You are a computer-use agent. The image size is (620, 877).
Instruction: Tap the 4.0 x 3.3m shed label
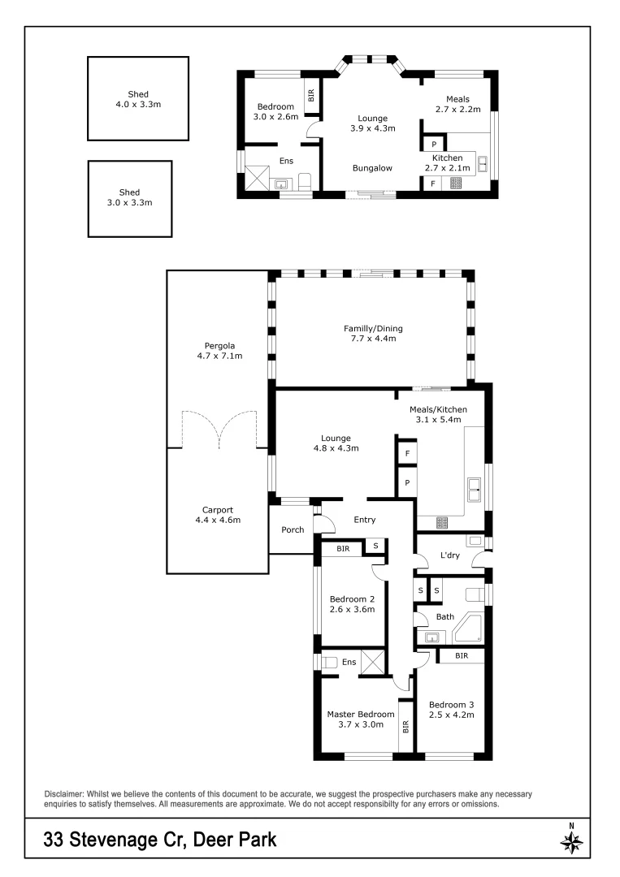coord(138,99)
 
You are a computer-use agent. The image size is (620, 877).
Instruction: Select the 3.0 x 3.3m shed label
coord(130,197)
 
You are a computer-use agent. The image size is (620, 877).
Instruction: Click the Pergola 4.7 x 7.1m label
coord(215,349)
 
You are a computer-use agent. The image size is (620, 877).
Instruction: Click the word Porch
coord(293,530)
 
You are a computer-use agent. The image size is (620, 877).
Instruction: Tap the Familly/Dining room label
coord(373,334)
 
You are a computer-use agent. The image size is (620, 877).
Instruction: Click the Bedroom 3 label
coord(451,710)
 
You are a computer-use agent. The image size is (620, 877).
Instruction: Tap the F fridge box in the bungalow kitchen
coord(432,184)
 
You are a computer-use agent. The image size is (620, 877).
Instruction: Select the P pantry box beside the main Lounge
coord(406,482)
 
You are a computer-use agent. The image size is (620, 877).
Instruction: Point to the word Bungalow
coord(372,168)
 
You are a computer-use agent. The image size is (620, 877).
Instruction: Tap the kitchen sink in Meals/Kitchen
coord(474,490)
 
